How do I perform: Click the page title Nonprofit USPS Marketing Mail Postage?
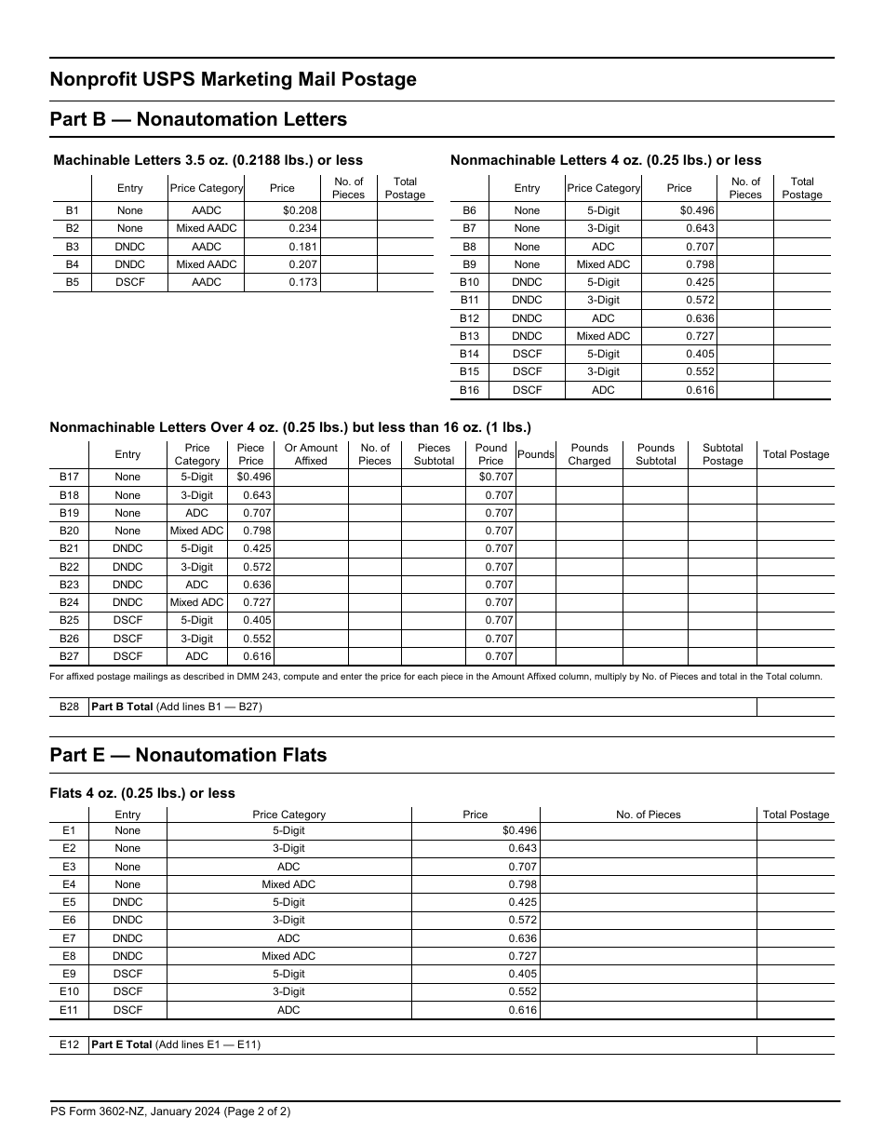click(233, 80)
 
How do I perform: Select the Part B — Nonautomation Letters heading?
click(198, 119)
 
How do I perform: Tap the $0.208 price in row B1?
click(301, 211)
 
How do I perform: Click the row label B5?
click(73, 282)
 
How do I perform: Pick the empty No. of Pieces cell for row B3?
click(348, 247)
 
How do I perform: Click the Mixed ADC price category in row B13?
click(603, 336)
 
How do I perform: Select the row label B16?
click(469, 390)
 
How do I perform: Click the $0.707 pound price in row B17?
click(495, 478)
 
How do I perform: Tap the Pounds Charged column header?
click(589, 454)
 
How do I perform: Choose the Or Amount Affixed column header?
click(311, 454)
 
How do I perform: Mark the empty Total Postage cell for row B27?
click(795, 656)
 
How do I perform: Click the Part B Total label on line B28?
click(122, 707)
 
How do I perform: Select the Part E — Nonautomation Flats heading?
click(188, 755)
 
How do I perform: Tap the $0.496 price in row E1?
click(519, 830)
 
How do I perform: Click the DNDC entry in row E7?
click(127, 938)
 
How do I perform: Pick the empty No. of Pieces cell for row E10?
click(648, 991)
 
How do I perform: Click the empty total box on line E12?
click(795, 1044)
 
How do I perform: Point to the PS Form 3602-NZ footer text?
click(170, 1111)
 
